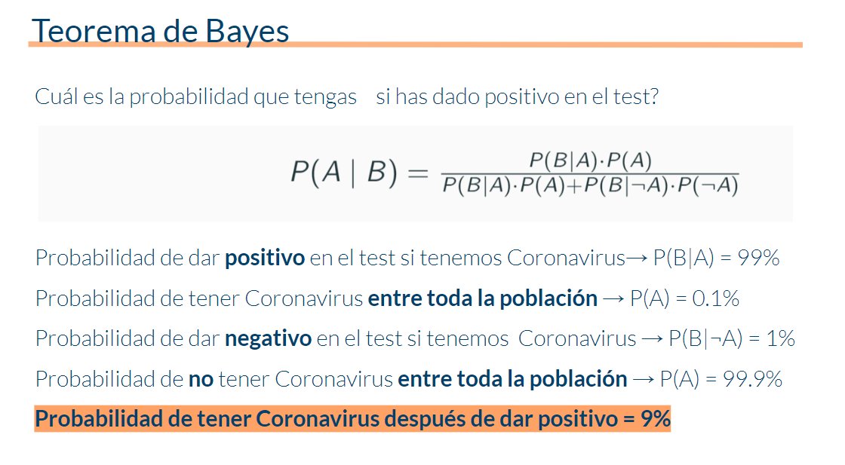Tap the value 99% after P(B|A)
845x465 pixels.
point(760,259)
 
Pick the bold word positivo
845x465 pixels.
point(265,259)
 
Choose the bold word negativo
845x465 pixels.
point(268,339)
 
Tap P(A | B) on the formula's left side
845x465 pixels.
point(343,173)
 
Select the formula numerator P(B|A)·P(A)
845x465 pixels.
point(590,160)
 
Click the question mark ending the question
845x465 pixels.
point(653,98)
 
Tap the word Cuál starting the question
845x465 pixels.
point(54,97)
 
